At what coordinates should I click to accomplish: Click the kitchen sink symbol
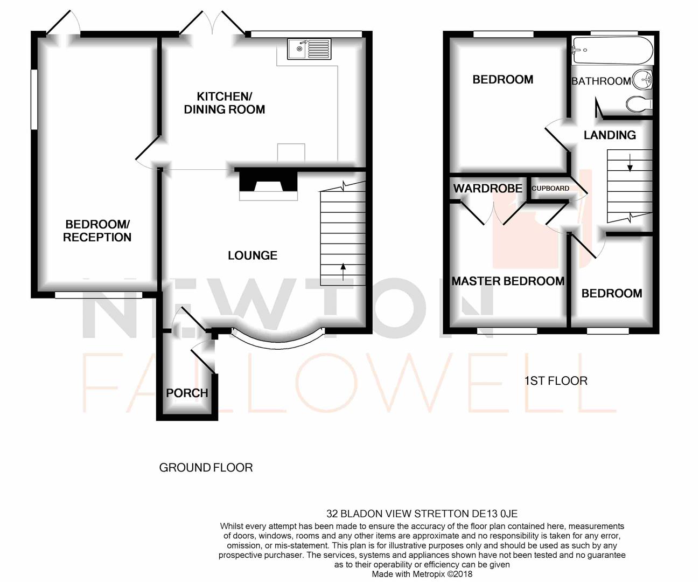coord(309,49)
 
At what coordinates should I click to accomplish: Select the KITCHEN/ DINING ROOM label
coord(225,103)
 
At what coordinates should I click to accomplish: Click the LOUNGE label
coord(252,255)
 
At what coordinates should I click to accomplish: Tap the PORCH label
coord(187,393)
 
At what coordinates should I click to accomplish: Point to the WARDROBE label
coord(487,188)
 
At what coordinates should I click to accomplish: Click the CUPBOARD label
coord(550,189)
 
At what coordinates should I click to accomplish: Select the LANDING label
coord(610,135)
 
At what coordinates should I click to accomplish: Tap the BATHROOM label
coord(600,81)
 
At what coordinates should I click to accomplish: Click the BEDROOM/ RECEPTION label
coord(97,231)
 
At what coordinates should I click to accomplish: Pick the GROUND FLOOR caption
coord(206,468)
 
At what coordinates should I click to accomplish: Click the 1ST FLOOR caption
coord(556,381)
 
